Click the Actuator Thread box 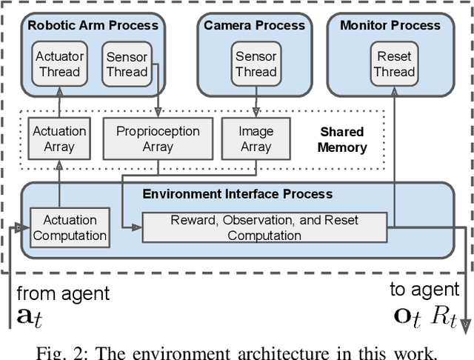coord(60,64)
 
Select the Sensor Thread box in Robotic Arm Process coord(127,64)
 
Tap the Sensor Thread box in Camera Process coord(256,64)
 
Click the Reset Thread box coord(394,64)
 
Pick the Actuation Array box coord(59,139)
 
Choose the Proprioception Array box coord(158,139)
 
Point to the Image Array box coord(256,139)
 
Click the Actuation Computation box coord(69,227)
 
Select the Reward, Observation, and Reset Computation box coord(264,227)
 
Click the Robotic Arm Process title coord(93,25)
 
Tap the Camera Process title coord(254,25)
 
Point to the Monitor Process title coord(390,25)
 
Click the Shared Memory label coord(342,139)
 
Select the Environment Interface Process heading coord(237,194)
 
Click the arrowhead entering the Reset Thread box coord(394,85)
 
